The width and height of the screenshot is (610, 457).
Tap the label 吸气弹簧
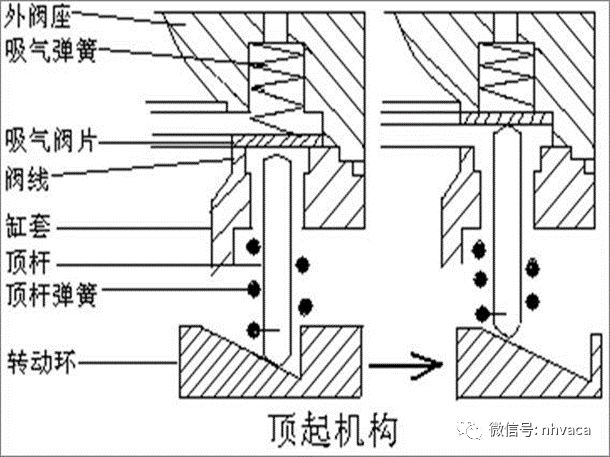44,50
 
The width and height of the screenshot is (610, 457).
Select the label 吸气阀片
44,138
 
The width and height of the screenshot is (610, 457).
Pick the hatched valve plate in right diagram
500,119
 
